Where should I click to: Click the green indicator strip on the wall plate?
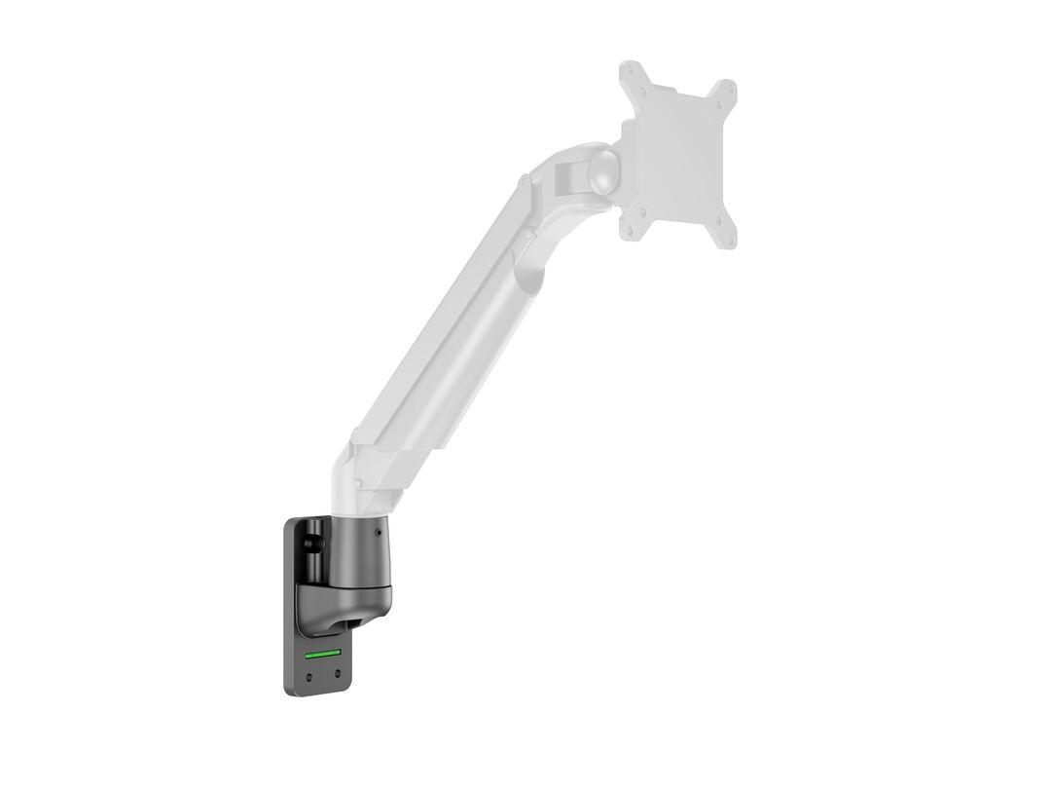click(323, 655)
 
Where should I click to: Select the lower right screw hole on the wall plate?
click(337, 673)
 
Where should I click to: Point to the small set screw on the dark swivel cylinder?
click(378, 533)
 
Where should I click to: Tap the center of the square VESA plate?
click(679, 156)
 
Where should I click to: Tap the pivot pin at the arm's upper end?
click(525, 181)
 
